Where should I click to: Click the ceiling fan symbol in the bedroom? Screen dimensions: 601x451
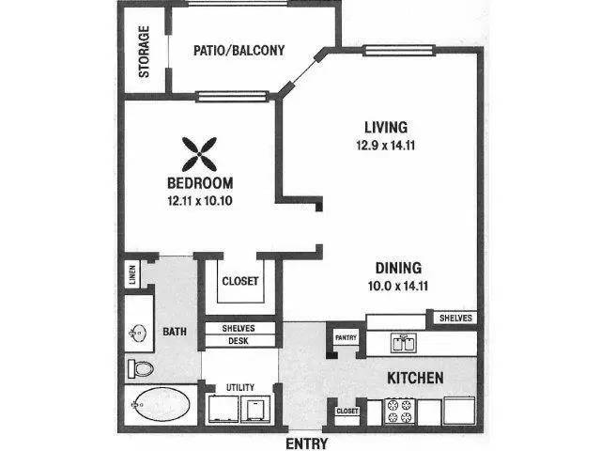199,154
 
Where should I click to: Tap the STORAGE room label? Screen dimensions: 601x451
144,52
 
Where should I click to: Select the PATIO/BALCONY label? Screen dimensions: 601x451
239,50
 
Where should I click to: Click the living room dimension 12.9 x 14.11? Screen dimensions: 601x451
386,146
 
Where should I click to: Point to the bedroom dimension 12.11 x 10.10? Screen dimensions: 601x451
200,200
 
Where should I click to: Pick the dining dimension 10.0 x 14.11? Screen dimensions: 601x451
398,286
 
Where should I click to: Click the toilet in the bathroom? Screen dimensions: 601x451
141,368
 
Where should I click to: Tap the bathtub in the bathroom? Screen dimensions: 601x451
161,404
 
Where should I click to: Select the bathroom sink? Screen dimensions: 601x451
138,333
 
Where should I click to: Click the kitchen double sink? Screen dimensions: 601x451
403,343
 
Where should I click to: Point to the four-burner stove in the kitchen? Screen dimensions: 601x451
400,412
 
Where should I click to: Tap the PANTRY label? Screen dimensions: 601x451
346,338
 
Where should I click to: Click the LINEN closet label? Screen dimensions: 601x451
132,274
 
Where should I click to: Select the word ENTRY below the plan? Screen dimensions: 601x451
307,443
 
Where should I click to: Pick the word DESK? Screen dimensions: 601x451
239,341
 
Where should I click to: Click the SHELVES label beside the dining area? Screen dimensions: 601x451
455,318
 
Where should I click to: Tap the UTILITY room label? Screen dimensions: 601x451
240,387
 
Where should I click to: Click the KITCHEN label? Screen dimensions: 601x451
415,378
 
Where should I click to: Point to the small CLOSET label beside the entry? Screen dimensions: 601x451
347,412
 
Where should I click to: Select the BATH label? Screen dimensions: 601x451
175,332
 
